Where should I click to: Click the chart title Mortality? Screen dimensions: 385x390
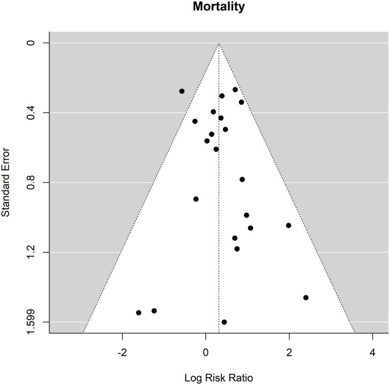(x=218, y=7)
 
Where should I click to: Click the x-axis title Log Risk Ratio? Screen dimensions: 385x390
(x=218, y=378)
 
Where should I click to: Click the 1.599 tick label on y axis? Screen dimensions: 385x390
(x=31, y=322)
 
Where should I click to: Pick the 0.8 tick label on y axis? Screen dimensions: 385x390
(x=31, y=183)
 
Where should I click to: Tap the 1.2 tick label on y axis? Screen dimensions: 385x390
(x=31, y=252)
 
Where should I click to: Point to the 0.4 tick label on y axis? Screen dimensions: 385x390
(x=31, y=113)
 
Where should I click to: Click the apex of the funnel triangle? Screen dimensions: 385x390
(x=218, y=43)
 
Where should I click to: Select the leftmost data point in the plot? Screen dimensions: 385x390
(x=139, y=312)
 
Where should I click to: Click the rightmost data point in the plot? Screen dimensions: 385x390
(x=306, y=297)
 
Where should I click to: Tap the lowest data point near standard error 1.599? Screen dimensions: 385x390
(x=224, y=322)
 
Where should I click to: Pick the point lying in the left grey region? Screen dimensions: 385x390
(x=182, y=91)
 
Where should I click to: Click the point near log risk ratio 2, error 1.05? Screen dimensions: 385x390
(x=288, y=225)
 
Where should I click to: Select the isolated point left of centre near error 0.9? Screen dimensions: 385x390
(x=196, y=199)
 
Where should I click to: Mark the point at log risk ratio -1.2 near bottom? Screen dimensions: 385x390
(x=154, y=311)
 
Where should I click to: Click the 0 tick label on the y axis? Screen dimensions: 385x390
(x=31, y=43)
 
